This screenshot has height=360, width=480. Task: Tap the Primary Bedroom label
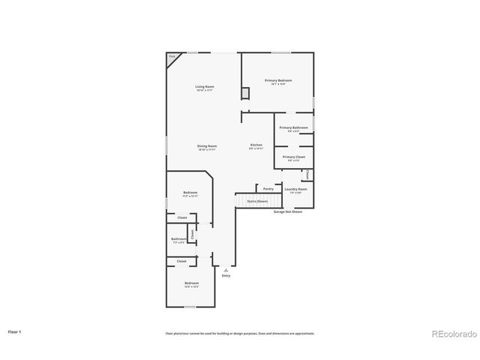278,80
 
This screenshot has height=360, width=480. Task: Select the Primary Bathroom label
293,127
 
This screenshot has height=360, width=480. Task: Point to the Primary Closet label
293,157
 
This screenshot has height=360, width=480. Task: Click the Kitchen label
256,145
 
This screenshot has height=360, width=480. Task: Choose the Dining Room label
207,146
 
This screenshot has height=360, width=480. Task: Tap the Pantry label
268,189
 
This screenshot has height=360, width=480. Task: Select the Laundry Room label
295,189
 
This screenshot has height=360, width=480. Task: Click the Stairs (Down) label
257,201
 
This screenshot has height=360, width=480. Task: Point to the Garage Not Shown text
287,212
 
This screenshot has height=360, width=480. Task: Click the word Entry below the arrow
226,276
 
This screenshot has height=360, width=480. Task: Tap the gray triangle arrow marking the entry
226,269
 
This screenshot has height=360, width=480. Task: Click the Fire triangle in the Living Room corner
172,57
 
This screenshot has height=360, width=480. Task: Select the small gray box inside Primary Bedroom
244,93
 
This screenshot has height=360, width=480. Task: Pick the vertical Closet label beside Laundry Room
308,175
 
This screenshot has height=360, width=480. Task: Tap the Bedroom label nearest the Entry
191,283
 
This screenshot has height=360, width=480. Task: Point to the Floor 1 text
15,331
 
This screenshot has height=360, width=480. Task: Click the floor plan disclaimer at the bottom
240,333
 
